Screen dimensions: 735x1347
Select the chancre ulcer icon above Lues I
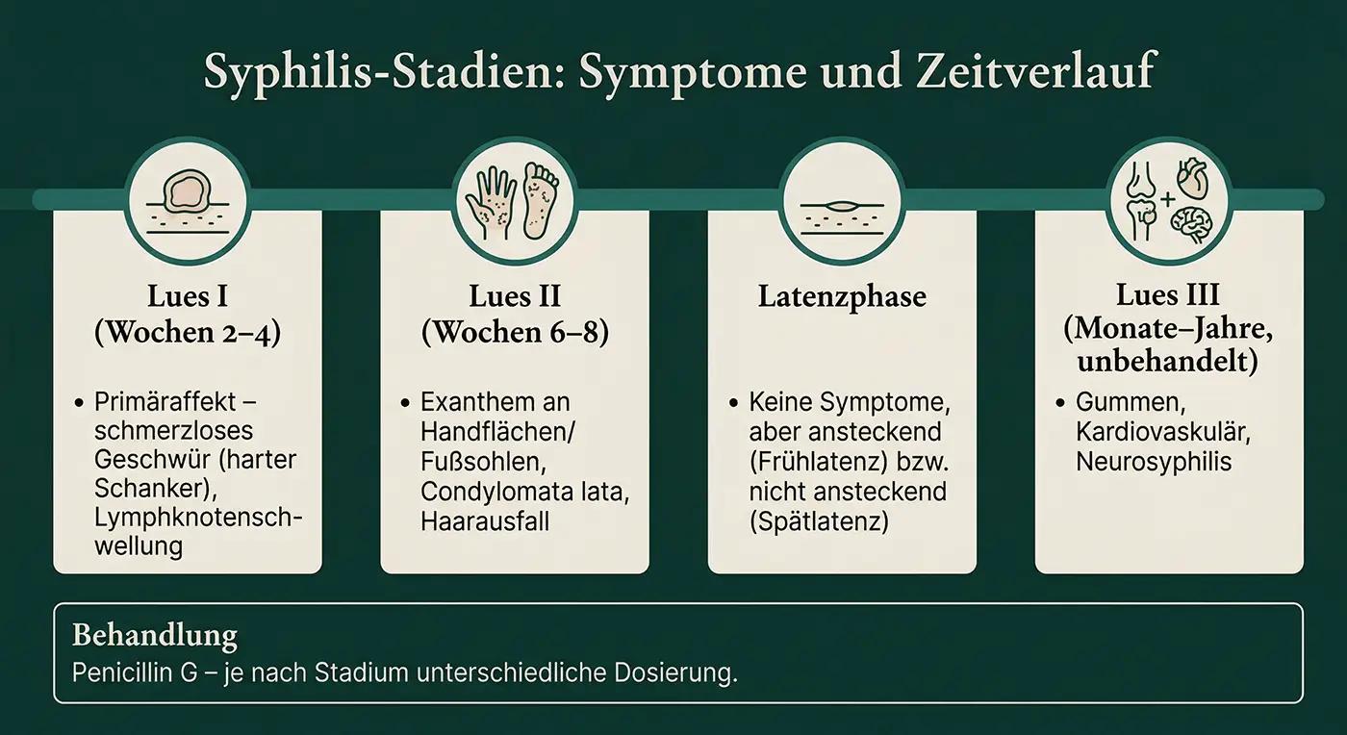tap(187, 194)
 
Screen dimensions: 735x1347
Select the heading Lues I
tap(187, 293)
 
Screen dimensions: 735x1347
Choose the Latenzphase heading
tap(841, 296)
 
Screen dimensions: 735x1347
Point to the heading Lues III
tap(1168, 293)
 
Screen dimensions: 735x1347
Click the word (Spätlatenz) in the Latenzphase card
tap(818, 520)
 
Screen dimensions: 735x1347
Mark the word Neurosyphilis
tap(1154, 461)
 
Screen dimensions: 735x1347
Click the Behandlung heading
tap(155, 636)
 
